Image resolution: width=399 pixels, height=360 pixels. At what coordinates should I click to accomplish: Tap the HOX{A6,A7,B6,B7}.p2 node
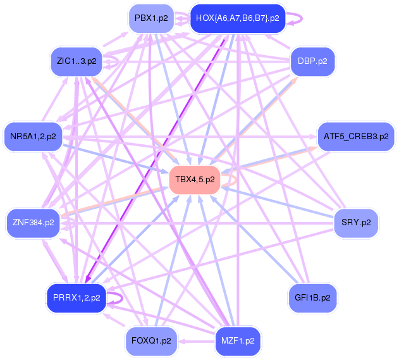pyautogui.click(x=237, y=18)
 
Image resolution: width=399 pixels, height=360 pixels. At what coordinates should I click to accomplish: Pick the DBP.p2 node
pyautogui.click(x=312, y=61)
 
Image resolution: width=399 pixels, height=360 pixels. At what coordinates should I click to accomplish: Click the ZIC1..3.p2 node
pyautogui.click(x=77, y=61)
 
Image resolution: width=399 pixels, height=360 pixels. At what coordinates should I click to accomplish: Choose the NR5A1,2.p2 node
pyautogui.click(x=33, y=135)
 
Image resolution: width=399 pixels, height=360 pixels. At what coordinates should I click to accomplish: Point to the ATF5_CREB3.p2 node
pyautogui.click(x=356, y=135)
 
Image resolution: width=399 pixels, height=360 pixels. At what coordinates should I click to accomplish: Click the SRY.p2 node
pyautogui.click(x=356, y=223)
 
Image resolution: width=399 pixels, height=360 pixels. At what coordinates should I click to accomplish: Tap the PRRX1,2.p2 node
pyautogui.click(x=77, y=297)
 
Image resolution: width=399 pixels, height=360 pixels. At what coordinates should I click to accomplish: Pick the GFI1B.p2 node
pyautogui.click(x=312, y=297)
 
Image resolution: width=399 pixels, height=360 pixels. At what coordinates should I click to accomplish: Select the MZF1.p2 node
pyautogui.click(x=238, y=340)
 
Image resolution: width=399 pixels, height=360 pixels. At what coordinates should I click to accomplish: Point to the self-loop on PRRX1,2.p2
pyautogui.click(x=116, y=297)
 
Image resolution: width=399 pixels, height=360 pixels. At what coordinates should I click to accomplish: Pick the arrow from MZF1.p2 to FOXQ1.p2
pyautogui.click(x=196, y=340)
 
